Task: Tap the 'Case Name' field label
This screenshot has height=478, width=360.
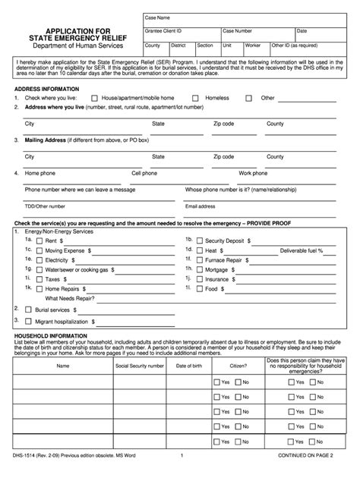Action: [x=160, y=17]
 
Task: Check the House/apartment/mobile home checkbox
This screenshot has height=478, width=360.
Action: [x=95, y=98]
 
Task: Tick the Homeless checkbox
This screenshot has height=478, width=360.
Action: [x=195, y=98]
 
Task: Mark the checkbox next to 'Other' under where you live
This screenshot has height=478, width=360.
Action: [x=251, y=98]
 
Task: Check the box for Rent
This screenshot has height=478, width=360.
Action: [x=39, y=240]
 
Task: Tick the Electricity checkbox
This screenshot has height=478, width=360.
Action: [x=39, y=259]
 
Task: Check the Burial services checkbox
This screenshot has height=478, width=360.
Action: [x=29, y=310]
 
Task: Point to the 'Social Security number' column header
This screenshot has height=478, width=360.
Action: [x=139, y=365]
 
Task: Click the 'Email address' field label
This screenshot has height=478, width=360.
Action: [x=201, y=206]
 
